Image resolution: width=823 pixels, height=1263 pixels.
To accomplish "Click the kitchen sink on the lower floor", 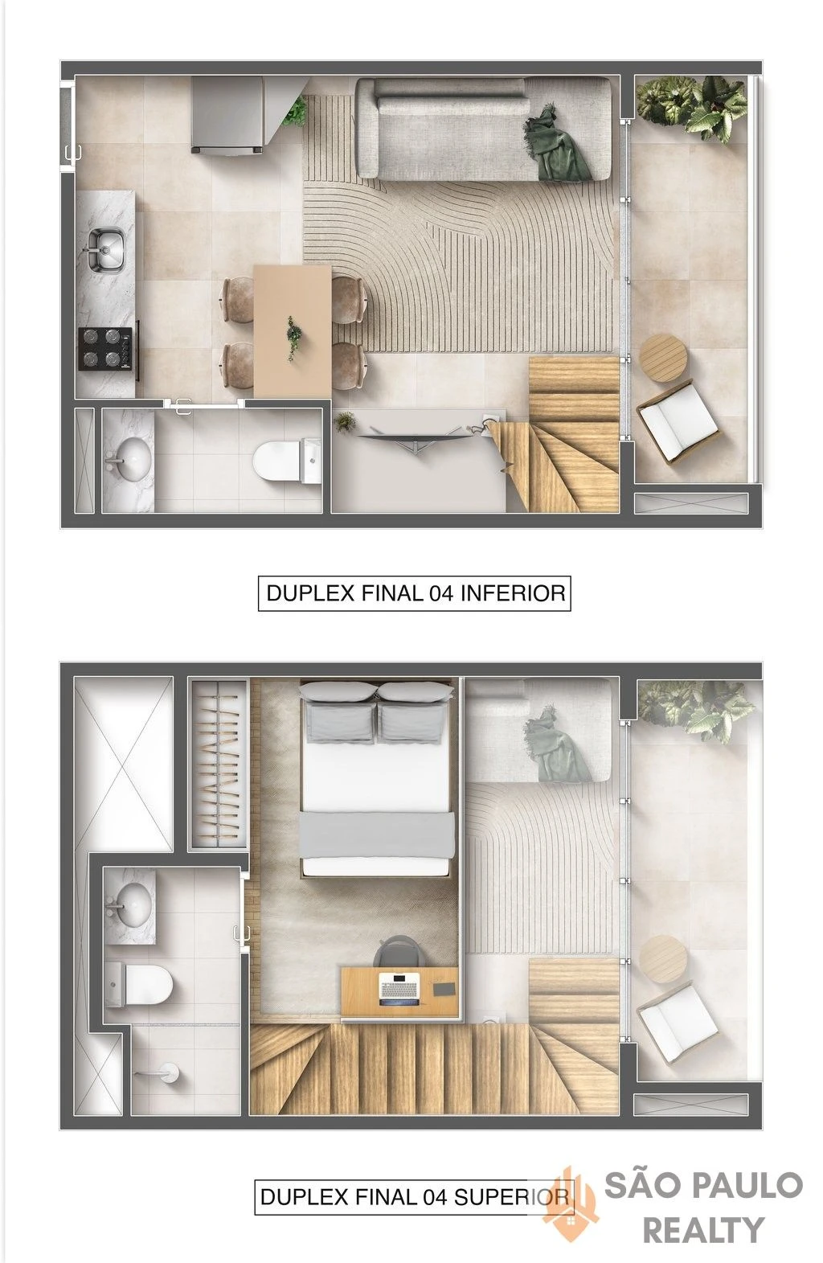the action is click(104, 248).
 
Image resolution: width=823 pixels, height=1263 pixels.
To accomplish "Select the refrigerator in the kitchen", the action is click(227, 115).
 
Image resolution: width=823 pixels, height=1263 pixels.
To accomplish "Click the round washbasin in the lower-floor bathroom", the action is click(129, 459).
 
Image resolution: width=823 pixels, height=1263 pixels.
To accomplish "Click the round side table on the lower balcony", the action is click(663, 358).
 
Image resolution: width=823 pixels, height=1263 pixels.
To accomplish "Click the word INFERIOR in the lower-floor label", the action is click(513, 593).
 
